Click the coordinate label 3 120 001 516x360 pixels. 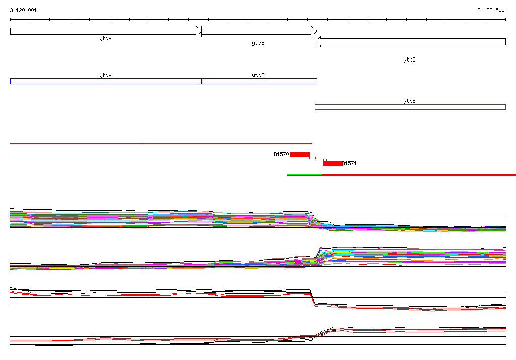pyautogui.click(x=23, y=10)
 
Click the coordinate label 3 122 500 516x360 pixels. pyautogui.click(x=491, y=10)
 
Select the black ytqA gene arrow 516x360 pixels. pyautogui.click(x=106, y=31)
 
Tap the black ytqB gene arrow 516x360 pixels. pyautogui.click(x=260, y=31)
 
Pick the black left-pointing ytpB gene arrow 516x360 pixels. pyautogui.click(x=410, y=42)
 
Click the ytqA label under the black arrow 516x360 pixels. pyautogui.click(x=106, y=39)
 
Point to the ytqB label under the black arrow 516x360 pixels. pyautogui.click(x=259, y=43)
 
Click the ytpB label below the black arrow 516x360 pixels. pyautogui.click(x=409, y=59)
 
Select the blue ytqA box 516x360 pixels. pyautogui.click(x=106, y=81)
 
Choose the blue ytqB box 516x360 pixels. pyautogui.click(x=260, y=81)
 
